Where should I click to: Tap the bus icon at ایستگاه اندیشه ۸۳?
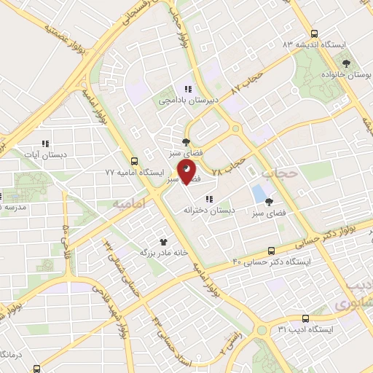click(314, 34)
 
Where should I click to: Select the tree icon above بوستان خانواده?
click(347, 63)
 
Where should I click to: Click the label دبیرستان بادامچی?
click(188, 101)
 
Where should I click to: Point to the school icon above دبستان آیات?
click(44, 144)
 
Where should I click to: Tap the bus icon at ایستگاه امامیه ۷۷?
click(133, 161)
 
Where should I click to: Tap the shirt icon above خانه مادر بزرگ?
click(163, 241)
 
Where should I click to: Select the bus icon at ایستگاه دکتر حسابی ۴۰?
click(272, 249)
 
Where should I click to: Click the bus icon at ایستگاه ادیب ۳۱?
click(305, 318)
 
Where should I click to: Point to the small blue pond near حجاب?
click(259, 194)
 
